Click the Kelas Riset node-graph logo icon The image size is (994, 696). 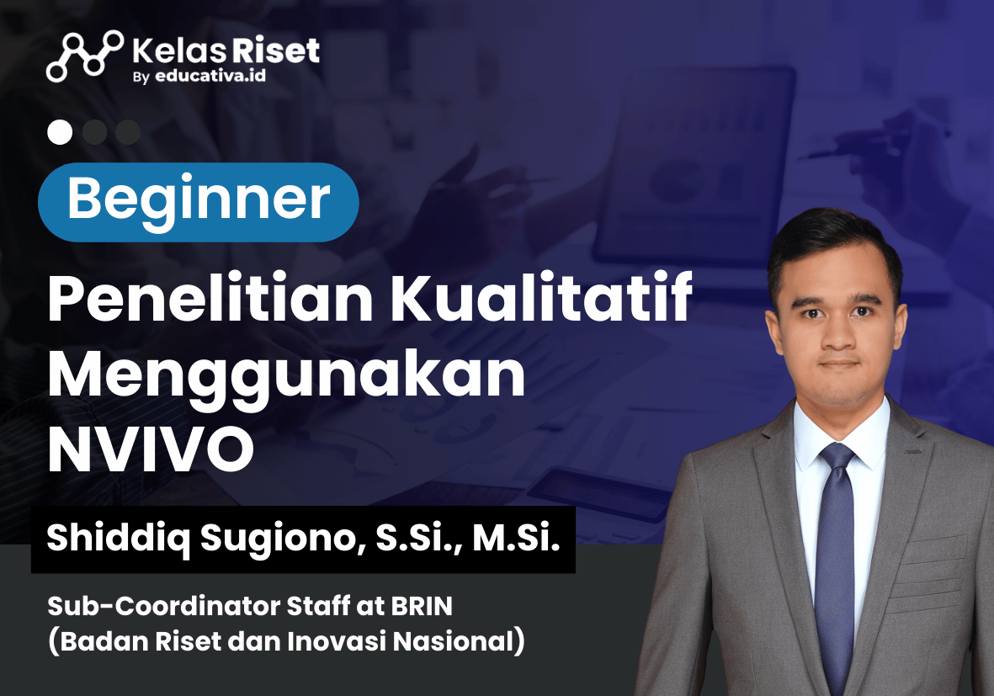(x=84, y=56)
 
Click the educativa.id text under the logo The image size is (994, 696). (x=210, y=76)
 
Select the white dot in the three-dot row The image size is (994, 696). (x=60, y=132)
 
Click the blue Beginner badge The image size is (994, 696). (x=199, y=202)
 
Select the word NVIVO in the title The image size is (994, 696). (x=151, y=449)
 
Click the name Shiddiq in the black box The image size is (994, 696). (x=119, y=539)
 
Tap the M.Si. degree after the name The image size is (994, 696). (x=517, y=538)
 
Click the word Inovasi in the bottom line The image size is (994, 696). (x=337, y=641)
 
